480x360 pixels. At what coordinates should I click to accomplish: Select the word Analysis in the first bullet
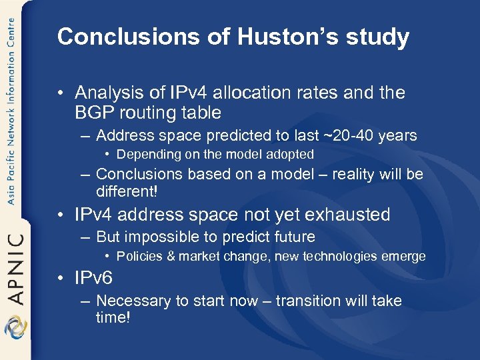pos(106,93)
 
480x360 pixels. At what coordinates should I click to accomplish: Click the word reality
pos(354,175)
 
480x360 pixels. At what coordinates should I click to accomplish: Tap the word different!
pos(127,191)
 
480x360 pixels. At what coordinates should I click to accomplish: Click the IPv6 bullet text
pos(94,278)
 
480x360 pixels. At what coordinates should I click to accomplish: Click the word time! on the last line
pos(113,317)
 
